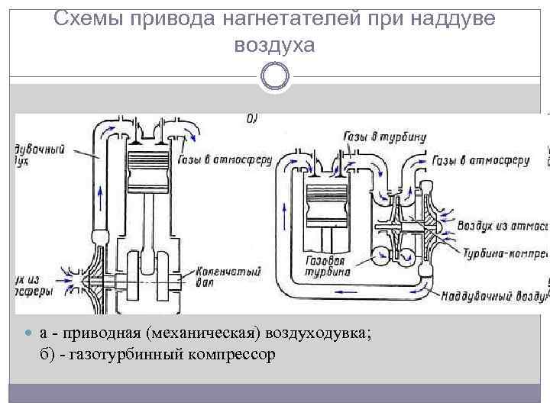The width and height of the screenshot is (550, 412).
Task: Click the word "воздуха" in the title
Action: coord(275,45)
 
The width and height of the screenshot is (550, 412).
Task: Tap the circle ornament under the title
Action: coord(275,76)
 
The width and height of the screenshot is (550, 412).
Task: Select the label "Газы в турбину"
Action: coord(387,137)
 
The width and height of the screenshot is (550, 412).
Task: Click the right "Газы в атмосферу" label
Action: coord(480,161)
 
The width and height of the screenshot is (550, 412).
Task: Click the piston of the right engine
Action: coord(331,198)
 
